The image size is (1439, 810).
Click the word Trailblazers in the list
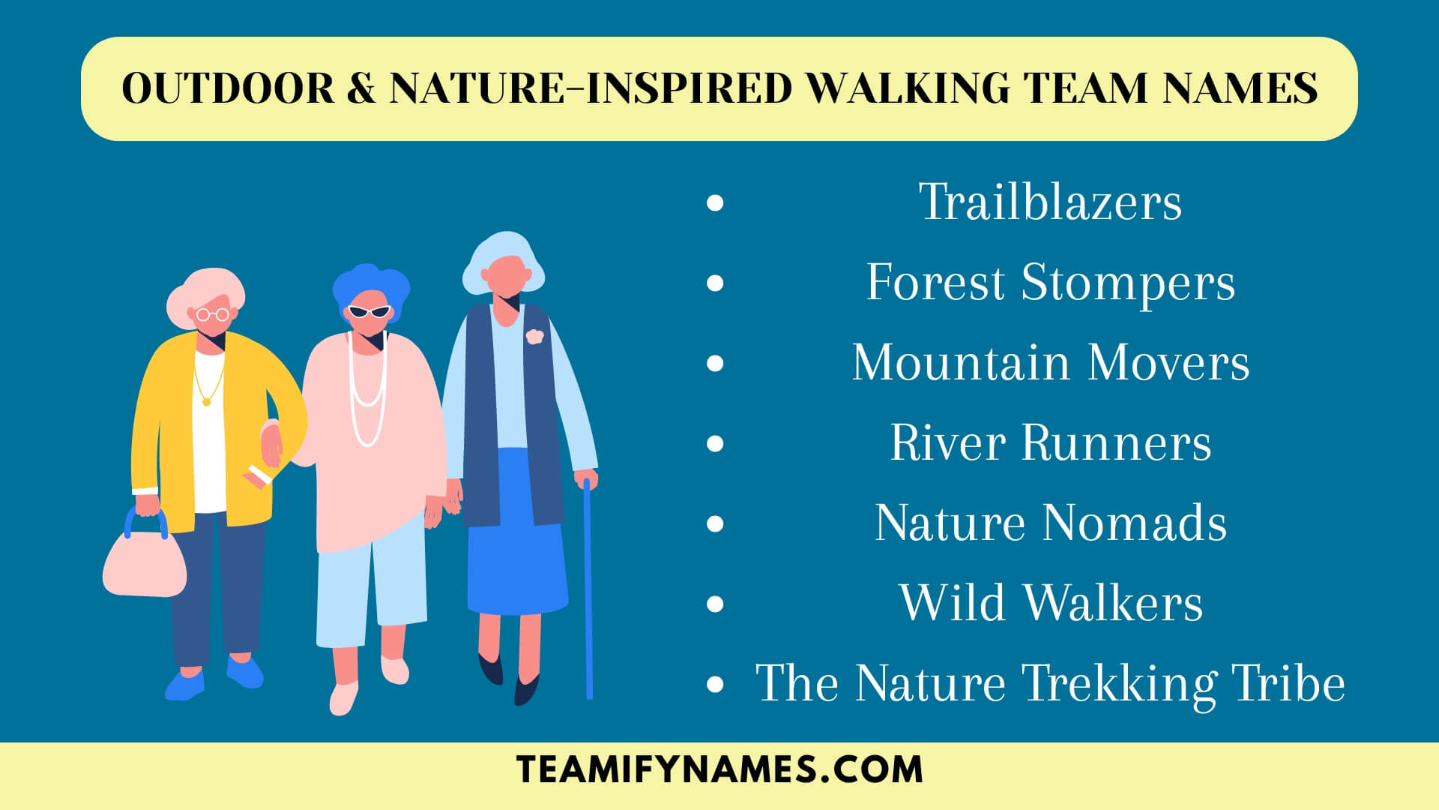1050,202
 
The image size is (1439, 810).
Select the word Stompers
1128,283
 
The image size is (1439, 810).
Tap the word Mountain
960,363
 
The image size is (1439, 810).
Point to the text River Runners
1050,442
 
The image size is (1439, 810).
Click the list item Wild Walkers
1051,602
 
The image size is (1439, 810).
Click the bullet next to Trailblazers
715,202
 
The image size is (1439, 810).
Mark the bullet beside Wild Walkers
715,603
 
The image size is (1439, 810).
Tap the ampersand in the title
361,88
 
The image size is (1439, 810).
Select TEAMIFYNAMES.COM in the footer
719,770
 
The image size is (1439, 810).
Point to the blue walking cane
588,592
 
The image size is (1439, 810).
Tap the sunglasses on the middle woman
369,311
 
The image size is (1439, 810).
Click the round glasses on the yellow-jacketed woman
212,314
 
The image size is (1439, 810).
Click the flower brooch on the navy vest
533,337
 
